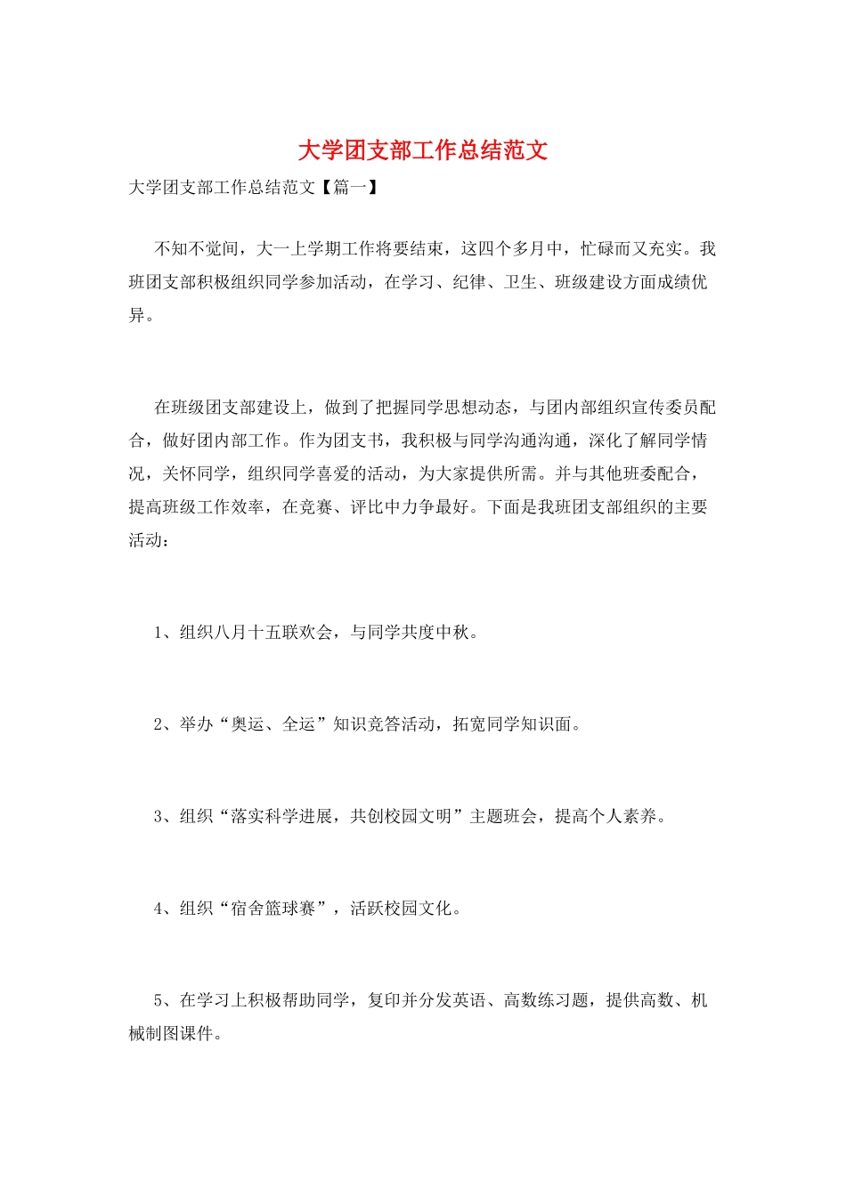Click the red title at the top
point(422,150)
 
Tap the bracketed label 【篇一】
point(348,188)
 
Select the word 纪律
point(469,282)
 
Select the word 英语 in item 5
point(469,1000)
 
